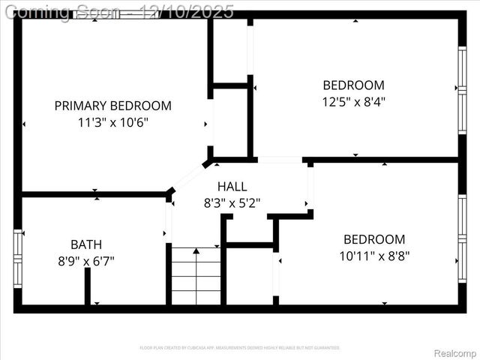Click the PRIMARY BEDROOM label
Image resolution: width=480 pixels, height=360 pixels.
coord(112,106)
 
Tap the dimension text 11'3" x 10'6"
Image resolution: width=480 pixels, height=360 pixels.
coord(112,122)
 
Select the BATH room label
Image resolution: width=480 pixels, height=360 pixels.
coord(86,244)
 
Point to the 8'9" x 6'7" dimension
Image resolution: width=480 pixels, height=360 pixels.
coord(86,261)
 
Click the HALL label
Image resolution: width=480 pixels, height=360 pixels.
coord(232,186)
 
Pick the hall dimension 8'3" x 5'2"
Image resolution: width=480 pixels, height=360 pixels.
coord(232,202)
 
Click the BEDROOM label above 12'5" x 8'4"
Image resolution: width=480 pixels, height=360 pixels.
coord(353,85)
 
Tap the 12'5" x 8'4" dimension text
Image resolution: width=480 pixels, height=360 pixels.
coord(353,101)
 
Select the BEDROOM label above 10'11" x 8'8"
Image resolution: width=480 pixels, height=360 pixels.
coord(373,239)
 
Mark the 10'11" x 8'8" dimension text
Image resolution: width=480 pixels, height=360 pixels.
coord(373,256)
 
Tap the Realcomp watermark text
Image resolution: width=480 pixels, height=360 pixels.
coord(455,353)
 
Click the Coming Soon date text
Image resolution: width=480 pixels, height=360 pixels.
coord(120,12)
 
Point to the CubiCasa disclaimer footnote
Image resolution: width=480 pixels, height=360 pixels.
coord(240,347)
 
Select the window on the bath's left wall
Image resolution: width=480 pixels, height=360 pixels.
coord(17,259)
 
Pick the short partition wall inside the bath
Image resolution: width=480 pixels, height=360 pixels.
coord(88,286)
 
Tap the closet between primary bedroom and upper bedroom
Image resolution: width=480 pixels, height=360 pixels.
coord(230,120)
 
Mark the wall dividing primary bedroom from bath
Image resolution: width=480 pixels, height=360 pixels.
coord(94,194)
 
